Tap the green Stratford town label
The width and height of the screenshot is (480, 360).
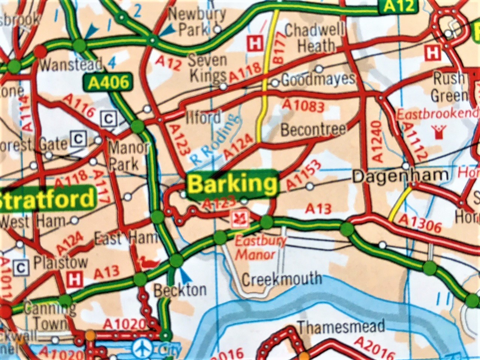[x=47, y=199]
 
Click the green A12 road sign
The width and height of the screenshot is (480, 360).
[x=398, y=6]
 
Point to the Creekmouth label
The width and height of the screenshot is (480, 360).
[x=282, y=279]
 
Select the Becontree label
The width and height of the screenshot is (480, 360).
[x=313, y=130]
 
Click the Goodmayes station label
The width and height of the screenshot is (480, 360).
[x=318, y=79]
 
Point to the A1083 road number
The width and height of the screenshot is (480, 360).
[x=304, y=105]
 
